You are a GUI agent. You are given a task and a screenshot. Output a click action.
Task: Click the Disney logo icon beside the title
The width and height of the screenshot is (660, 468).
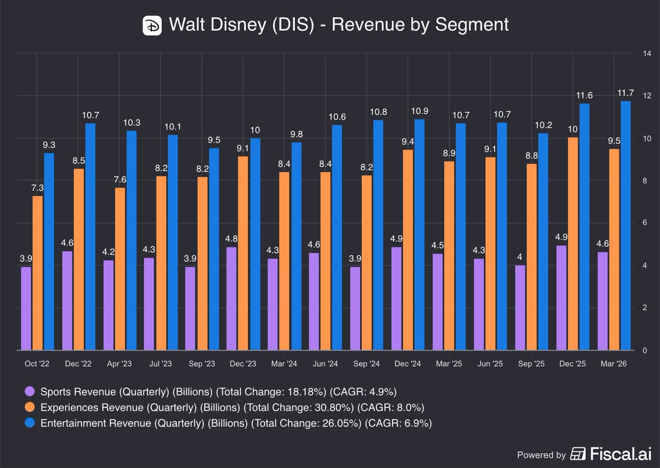[x=152, y=26]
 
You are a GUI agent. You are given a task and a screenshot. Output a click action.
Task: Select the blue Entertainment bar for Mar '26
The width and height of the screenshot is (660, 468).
[x=625, y=226]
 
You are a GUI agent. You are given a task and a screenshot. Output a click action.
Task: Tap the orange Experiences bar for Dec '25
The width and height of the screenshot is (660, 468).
[x=573, y=244]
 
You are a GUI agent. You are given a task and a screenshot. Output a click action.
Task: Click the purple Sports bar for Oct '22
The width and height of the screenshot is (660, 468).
[x=26, y=308]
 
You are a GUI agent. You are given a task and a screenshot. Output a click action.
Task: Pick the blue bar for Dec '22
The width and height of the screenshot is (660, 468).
[x=90, y=237]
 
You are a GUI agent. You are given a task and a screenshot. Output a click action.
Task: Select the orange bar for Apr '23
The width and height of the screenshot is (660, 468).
[x=120, y=269]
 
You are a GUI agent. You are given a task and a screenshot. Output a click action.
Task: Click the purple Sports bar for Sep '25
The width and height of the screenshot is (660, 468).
[x=520, y=308]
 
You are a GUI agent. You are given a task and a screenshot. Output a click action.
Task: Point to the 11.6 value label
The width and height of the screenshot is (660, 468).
[x=584, y=95]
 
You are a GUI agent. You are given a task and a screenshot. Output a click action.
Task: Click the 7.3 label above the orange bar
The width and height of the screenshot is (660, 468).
[x=37, y=188]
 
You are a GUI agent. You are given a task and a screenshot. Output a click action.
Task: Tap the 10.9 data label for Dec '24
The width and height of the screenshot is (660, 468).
[x=420, y=111]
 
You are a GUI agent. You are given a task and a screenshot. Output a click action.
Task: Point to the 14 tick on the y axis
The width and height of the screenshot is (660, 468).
[x=647, y=53]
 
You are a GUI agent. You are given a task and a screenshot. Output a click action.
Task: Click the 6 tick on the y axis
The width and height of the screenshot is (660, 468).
[x=645, y=222]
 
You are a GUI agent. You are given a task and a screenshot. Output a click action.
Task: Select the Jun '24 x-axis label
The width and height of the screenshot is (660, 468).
[x=325, y=363]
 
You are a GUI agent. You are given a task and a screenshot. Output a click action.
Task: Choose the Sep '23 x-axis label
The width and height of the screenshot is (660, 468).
[x=202, y=363]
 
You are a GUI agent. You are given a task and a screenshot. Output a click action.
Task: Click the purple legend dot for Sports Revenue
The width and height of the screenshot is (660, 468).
[x=30, y=391]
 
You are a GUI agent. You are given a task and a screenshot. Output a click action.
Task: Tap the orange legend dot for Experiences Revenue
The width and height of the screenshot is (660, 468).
[x=30, y=407]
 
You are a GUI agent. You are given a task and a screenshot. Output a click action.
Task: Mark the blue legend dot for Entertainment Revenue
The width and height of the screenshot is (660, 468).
[x=30, y=423]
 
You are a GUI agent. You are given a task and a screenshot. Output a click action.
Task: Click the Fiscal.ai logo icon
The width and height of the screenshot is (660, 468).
[x=578, y=454]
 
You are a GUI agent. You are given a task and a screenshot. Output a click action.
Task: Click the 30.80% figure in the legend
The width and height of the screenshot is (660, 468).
[x=334, y=407]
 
